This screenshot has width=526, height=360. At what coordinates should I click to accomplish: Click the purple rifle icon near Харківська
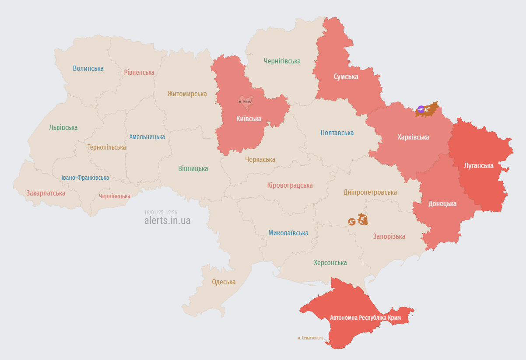pos(421,109)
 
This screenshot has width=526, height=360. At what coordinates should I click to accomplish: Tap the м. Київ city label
pos(245,101)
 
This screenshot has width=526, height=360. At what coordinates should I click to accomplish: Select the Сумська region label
pos(346,77)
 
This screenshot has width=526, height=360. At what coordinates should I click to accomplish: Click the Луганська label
pos(479,165)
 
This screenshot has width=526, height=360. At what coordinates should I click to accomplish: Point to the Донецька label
pos(442,203)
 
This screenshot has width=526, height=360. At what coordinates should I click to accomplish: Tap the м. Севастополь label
pos(310,338)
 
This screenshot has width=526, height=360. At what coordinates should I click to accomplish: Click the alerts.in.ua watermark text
pos(167,220)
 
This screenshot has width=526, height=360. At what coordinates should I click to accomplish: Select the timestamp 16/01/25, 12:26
pos(161,212)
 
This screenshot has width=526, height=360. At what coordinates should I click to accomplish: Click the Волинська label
pos(88,68)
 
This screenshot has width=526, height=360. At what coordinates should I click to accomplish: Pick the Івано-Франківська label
pos(85,178)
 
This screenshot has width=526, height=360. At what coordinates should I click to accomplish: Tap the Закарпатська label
pos(46,193)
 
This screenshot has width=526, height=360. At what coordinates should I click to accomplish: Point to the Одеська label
pos(224,282)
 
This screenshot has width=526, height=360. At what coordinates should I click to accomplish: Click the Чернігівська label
pos(282,61)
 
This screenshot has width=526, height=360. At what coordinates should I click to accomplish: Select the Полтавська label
pos(337,133)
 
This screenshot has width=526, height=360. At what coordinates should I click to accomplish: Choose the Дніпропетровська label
pos(370,192)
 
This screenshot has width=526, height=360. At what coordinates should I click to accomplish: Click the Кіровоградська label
pos(290,185)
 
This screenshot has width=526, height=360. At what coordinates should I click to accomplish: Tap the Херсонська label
pos(330,262)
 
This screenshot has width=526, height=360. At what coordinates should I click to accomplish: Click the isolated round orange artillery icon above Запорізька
pos(351,222)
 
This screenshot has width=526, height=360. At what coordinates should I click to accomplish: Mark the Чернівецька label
pos(115,196)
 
